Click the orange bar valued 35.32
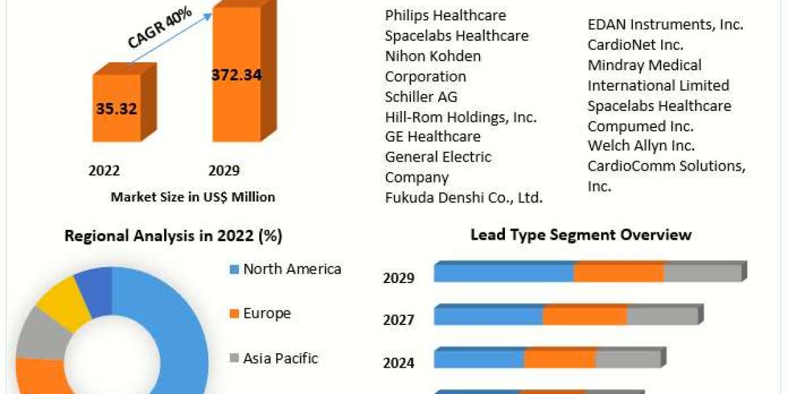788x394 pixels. point(116,108)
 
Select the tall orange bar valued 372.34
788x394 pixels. point(236,76)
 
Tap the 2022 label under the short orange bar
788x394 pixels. point(104,171)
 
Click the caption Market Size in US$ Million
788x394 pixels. point(192,196)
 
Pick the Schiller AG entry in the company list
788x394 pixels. point(421,97)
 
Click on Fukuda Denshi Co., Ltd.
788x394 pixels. point(464,198)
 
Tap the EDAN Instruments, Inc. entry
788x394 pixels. point(665,25)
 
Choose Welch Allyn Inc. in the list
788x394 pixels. point(641,146)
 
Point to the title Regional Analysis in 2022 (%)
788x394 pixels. point(173,236)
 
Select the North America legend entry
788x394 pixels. point(292,269)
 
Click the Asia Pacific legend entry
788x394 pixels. point(280,359)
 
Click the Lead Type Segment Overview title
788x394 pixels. point(580,234)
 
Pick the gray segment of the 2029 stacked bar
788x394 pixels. point(703,273)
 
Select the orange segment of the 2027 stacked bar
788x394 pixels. point(584,316)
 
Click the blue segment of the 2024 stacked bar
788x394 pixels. point(479,359)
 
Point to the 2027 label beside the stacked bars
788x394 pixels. point(399,320)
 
